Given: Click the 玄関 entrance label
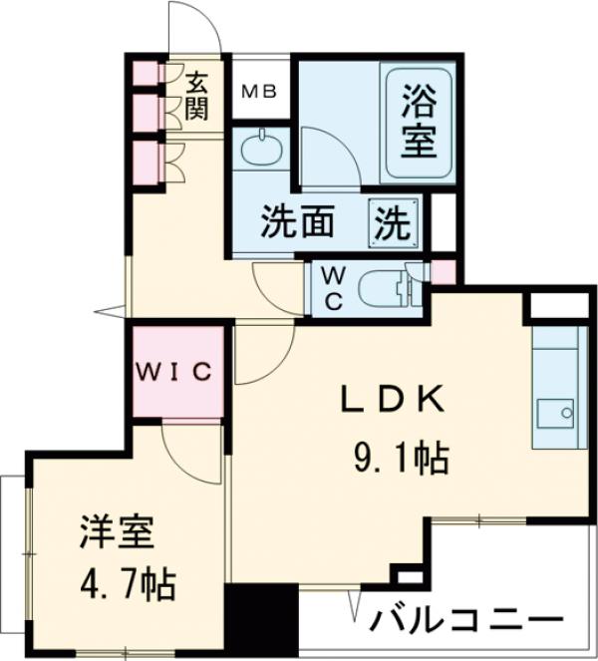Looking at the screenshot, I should click(195, 94).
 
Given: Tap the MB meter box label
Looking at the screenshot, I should click(260, 92).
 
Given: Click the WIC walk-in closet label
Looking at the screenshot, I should click(175, 372).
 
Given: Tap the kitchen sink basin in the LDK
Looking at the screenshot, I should click(554, 412).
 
